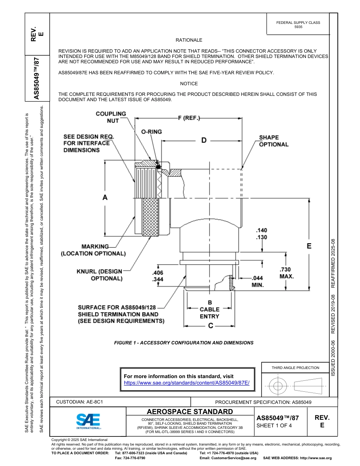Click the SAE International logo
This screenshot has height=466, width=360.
[88, 421]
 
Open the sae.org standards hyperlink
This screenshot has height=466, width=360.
[187, 383]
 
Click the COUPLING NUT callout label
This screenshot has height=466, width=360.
[111, 117]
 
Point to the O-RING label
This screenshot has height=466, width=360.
[152, 132]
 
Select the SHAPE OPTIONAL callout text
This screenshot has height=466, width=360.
[274, 141]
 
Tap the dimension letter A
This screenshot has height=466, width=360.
[105, 197]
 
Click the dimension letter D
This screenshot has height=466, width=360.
[204, 141]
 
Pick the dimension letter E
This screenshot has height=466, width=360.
[309, 246]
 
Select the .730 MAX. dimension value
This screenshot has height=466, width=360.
[286, 273]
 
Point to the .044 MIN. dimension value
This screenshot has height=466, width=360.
[258, 281]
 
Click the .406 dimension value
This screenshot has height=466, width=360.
[157, 273]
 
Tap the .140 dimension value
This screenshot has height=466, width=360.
[261, 230]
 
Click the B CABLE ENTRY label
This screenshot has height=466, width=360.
[210, 309]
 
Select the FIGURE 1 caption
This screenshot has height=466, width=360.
[184, 343]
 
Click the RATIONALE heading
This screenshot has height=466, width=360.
[189, 40]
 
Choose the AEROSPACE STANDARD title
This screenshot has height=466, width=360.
[190, 411]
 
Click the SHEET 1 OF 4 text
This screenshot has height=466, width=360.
[274, 425]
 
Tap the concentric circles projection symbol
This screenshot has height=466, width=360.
[278, 386]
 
